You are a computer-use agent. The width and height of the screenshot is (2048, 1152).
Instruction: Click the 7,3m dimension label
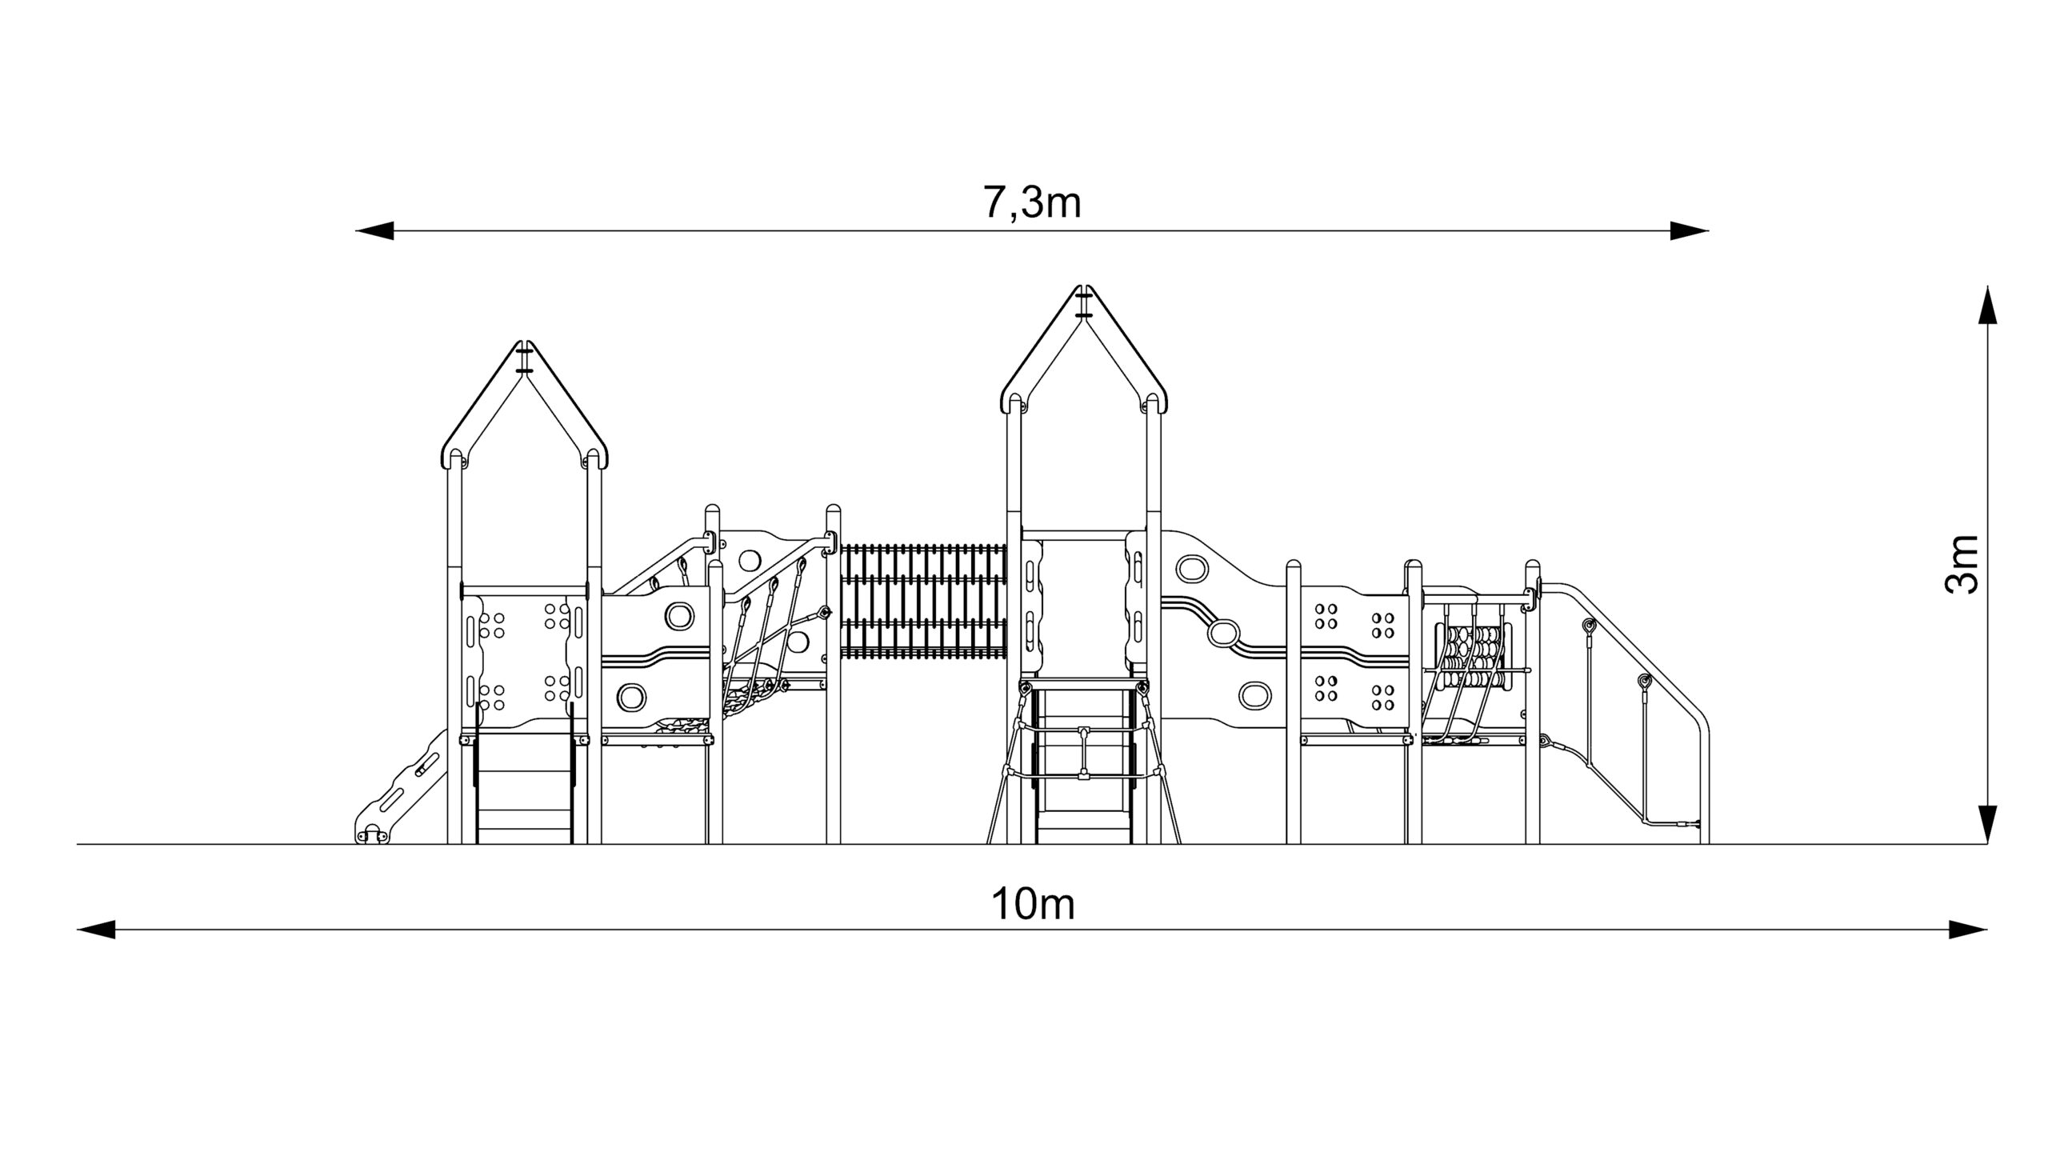point(1032,203)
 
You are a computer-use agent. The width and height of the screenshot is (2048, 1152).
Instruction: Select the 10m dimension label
point(1033,905)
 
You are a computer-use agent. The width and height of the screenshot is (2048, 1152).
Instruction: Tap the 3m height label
point(1961,564)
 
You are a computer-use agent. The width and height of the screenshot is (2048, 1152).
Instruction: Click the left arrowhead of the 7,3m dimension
point(374,231)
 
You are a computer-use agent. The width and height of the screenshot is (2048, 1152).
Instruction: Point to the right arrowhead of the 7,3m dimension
point(1690,231)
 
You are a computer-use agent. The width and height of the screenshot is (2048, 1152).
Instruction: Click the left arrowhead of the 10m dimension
point(96,930)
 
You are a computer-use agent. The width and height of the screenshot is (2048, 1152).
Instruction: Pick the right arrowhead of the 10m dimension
point(1968,930)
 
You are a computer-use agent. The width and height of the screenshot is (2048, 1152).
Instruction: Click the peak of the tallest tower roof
point(1084,287)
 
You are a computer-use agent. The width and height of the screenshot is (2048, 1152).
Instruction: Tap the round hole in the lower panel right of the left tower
point(632,697)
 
